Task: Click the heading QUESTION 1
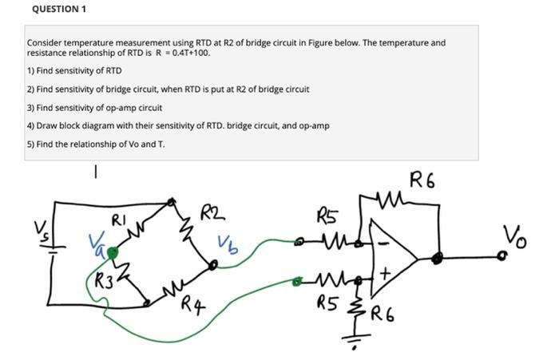[x=58, y=9]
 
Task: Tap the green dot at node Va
[x=113, y=253]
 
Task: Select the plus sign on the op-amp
[x=385, y=275]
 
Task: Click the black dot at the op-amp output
[x=437, y=258]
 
